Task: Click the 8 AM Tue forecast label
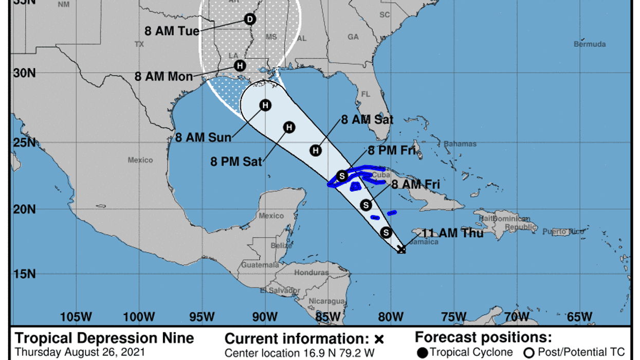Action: pyautogui.click(x=172, y=31)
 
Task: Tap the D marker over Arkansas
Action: pyautogui.click(x=250, y=20)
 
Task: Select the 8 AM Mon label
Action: pyautogui.click(x=164, y=77)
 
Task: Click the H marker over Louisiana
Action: pyautogui.click(x=240, y=66)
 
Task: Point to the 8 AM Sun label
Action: pyautogui.click(x=203, y=137)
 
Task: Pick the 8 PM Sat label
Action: pyautogui.click(x=236, y=161)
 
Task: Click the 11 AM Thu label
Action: pyautogui.click(x=453, y=233)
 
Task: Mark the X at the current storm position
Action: pyautogui.click(x=401, y=250)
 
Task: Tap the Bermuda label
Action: pyautogui.click(x=590, y=44)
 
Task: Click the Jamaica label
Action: pyautogui.click(x=424, y=242)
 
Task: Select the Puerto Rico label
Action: pyautogui.click(x=563, y=232)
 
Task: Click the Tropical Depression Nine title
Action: pyautogui.click(x=105, y=338)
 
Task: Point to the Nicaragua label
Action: pyautogui.click(x=327, y=301)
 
